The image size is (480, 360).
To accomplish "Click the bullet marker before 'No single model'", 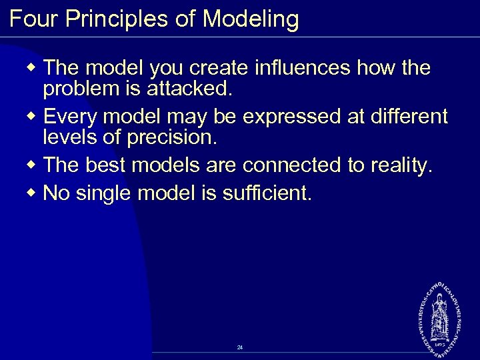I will (33, 194).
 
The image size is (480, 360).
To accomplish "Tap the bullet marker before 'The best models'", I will (33, 166).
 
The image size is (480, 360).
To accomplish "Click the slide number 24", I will (240, 347).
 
